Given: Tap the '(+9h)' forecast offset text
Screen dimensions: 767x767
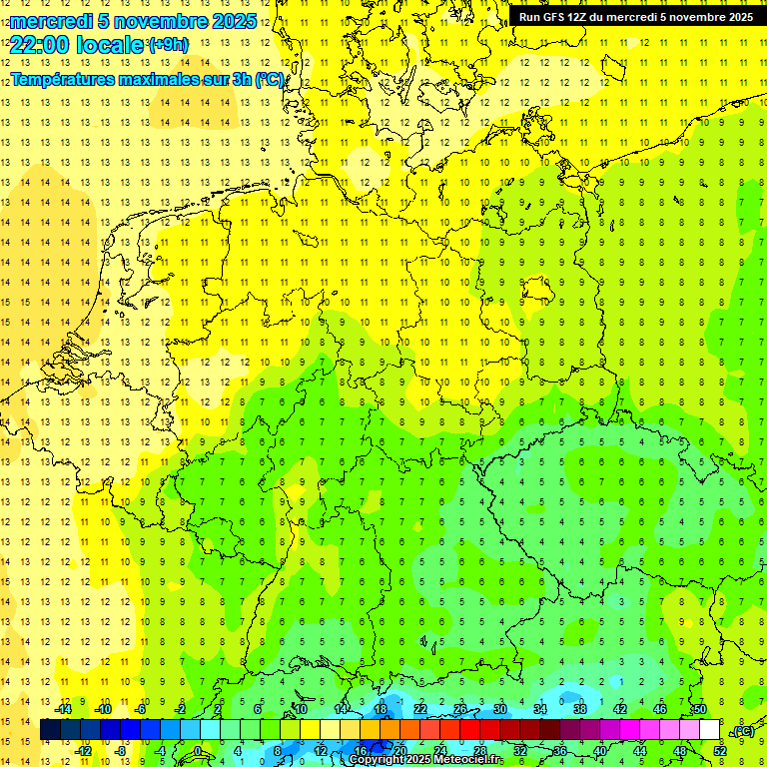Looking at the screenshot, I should pyautogui.click(x=167, y=44).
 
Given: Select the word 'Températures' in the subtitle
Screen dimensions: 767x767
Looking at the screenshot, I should pyautogui.click(x=61, y=79).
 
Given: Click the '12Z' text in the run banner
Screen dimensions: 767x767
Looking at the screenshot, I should pyautogui.click(x=578, y=17).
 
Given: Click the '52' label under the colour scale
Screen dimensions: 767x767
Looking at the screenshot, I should pyautogui.click(x=720, y=751).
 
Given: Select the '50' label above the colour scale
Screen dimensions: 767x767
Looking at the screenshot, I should pyautogui.click(x=700, y=709).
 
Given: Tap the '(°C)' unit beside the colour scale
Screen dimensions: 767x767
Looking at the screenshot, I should pyautogui.click(x=743, y=731).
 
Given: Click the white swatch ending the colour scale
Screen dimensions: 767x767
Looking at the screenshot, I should pyautogui.click(x=709, y=730).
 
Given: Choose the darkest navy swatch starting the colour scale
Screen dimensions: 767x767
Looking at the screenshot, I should pyautogui.click(x=50, y=730).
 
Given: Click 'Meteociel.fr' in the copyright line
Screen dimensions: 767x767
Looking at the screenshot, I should pyautogui.click(x=468, y=760).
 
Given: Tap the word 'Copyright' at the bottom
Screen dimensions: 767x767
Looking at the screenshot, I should pyautogui.click(x=374, y=760).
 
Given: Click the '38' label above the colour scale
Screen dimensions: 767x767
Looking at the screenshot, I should pyautogui.click(x=580, y=709).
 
